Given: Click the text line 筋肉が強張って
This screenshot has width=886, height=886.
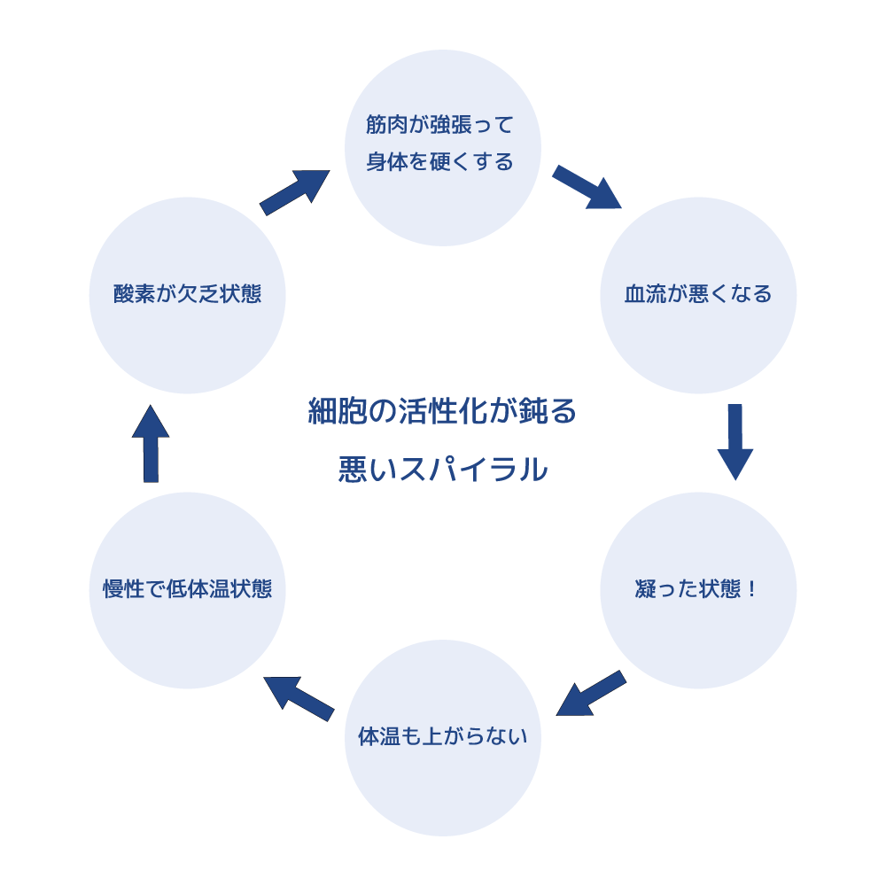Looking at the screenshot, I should pyautogui.click(x=440, y=125).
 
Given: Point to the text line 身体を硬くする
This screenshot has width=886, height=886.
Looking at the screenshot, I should pyautogui.click(x=440, y=163).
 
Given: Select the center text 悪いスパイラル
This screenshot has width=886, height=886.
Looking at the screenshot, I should pyautogui.click(x=442, y=470).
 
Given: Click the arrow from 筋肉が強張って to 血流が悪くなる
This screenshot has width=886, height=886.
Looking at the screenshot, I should pyautogui.click(x=587, y=187).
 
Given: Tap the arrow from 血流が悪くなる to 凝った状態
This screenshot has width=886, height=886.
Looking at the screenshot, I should pyautogui.click(x=734, y=441).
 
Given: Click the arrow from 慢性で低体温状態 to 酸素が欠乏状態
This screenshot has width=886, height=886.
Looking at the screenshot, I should pyautogui.click(x=151, y=445).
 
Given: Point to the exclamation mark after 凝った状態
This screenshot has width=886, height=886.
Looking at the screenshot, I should pyautogui.click(x=752, y=589).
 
